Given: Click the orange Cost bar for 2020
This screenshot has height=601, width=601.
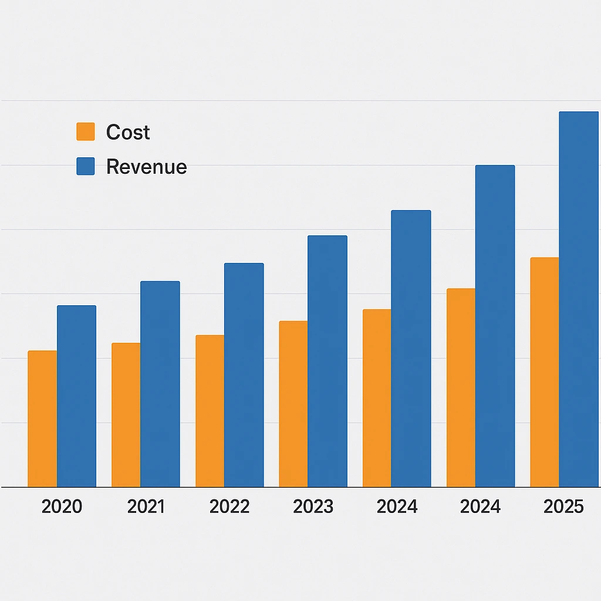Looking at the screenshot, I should coord(42,419).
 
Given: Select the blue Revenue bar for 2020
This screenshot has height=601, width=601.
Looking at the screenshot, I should coord(76,396).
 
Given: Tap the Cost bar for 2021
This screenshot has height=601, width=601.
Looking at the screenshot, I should coord(126,415).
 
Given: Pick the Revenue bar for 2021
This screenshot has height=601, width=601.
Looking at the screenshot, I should coord(160,384).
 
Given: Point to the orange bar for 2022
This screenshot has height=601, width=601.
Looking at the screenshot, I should coord(210,411).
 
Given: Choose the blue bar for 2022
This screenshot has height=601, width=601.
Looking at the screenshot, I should coord(244,375).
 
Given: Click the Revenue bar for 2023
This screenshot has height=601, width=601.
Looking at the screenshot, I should coord(327,362).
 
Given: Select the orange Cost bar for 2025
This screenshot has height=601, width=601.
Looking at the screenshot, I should coord(545,372).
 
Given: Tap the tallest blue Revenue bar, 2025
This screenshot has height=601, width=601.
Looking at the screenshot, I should coord(578,299).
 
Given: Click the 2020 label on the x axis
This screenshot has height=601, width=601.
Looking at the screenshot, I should coord(62,507).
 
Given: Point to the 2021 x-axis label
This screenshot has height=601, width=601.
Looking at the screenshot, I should coord(146,507).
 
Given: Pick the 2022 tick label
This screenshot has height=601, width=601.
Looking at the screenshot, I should coord(229,507).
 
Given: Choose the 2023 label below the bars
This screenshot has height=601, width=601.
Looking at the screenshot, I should coord(313,507).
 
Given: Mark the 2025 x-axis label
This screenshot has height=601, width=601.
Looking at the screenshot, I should coord(563,507).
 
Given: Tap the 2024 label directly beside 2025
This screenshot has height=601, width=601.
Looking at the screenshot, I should coord(480,507).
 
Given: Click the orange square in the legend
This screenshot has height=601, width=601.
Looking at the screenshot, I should coord(86,131).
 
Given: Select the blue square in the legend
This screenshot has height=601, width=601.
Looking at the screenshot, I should coord(86,166).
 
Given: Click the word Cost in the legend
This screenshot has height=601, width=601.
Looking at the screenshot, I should coord(128,133).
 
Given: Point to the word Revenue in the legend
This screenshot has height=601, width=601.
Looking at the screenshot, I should coord(146,167).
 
